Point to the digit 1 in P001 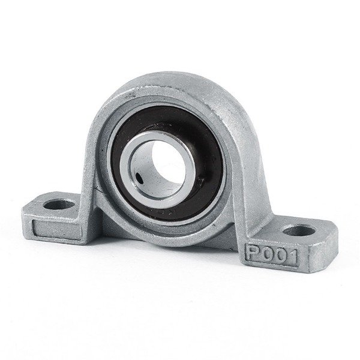pos(296,258)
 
